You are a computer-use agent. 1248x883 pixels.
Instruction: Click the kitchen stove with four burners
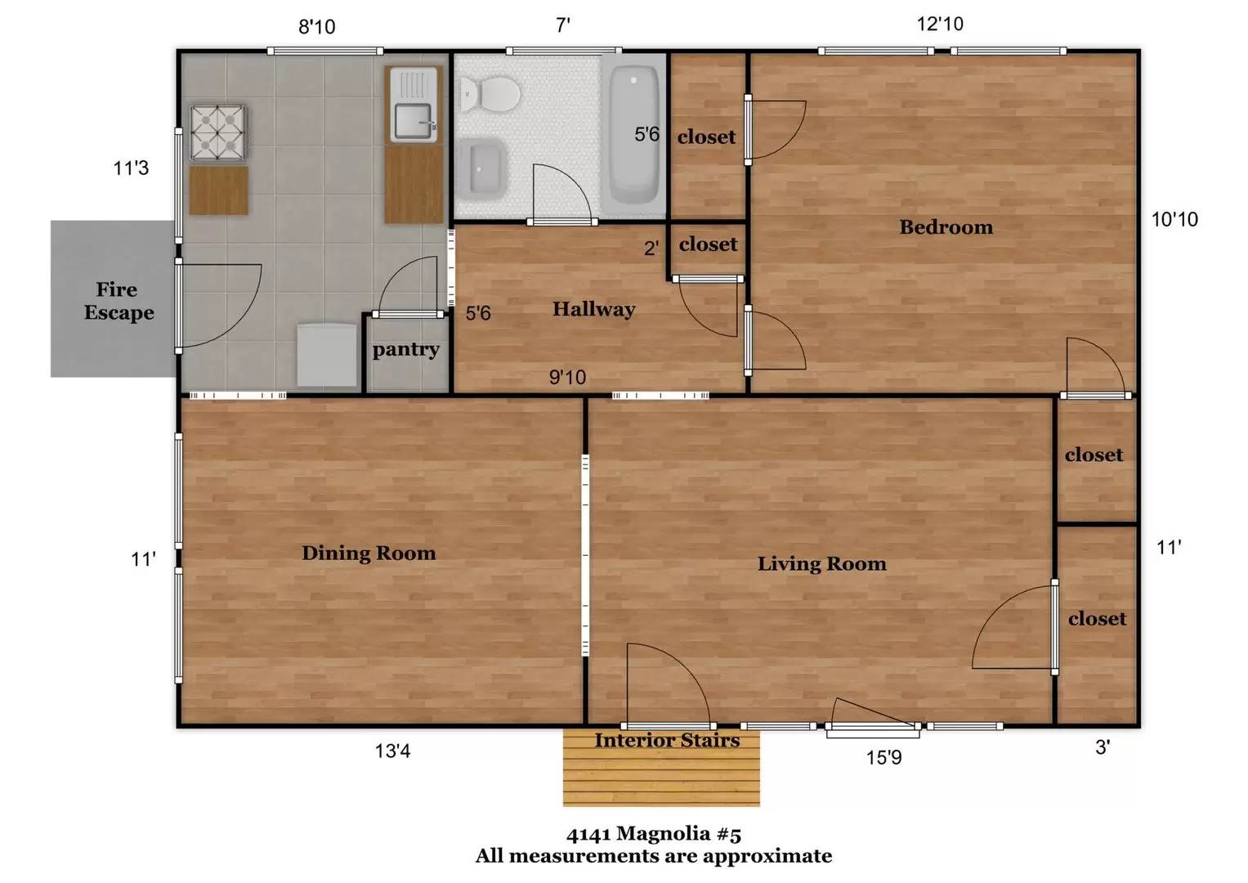click(x=218, y=132)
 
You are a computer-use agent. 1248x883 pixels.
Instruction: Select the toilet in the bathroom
click(x=490, y=94)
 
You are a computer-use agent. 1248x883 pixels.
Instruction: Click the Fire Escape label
click(x=119, y=301)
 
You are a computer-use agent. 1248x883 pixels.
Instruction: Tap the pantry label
click(x=406, y=350)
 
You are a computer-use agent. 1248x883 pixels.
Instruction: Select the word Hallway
click(x=594, y=310)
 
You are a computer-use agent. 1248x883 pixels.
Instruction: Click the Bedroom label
click(x=946, y=227)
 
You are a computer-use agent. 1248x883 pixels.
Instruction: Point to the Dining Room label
click(x=369, y=553)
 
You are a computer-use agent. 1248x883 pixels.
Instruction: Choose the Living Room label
click(x=822, y=563)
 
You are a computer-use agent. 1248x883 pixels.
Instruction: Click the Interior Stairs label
click(x=667, y=740)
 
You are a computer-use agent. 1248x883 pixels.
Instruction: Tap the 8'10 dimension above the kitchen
click(x=317, y=26)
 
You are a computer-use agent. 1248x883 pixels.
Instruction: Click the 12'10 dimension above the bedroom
click(x=941, y=24)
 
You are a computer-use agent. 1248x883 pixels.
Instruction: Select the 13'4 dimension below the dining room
click(x=393, y=751)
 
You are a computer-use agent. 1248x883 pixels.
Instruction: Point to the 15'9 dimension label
click(x=883, y=758)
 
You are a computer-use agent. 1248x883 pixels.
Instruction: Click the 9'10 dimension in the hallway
click(x=568, y=378)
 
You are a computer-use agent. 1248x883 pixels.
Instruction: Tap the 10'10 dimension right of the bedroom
click(x=1175, y=220)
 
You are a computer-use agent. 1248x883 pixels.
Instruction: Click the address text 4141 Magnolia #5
click(x=654, y=835)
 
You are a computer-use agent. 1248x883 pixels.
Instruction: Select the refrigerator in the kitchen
click(x=326, y=355)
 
